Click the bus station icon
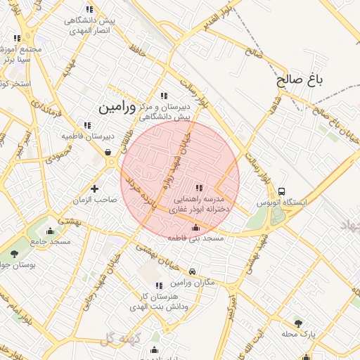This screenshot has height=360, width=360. point(282,191)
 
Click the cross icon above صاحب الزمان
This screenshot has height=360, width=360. point(95,188)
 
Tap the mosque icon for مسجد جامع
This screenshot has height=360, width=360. point(50,231)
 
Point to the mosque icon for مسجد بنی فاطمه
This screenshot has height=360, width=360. point(195,228)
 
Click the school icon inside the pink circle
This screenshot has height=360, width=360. point(199,188)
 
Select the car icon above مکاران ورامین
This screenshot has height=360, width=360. point(192,271)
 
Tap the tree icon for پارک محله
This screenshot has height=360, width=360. point(299,323)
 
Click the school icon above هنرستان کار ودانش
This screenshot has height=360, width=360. point(158,285)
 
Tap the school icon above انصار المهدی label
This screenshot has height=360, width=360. point(89,9)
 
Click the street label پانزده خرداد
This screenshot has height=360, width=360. point(134,197)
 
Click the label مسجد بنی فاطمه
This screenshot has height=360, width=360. point(195,239)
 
